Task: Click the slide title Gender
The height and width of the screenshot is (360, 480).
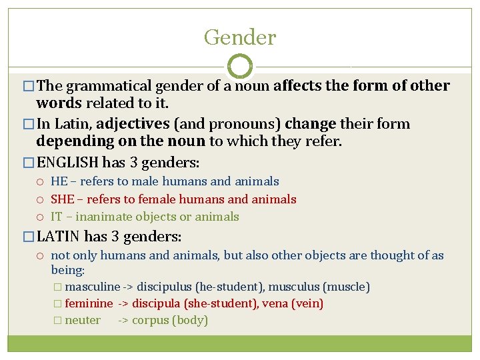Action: point(240,37)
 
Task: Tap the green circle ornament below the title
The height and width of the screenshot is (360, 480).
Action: point(240,67)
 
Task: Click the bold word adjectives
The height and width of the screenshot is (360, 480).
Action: point(133,124)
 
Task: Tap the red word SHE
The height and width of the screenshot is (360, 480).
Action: point(63,199)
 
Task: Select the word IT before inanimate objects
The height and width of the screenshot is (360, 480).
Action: point(57,217)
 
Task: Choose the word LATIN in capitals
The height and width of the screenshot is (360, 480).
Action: point(59,237)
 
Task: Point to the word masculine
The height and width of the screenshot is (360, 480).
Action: point(93,287)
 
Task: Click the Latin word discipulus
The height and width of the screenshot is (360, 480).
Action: point(163,287)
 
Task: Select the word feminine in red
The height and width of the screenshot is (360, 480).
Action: point(89,303)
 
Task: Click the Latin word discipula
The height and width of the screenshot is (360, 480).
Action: point(161,303)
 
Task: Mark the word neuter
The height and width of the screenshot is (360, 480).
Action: point(83,320)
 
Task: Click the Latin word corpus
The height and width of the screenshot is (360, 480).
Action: point(151,321)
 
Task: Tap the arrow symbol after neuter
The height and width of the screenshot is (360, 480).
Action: point(123,321)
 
